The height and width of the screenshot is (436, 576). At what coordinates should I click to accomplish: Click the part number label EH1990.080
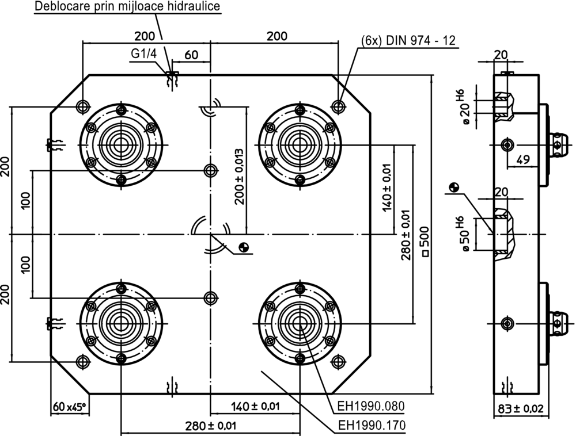[371, 406]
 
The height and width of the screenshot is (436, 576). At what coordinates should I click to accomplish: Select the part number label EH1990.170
[371, 426]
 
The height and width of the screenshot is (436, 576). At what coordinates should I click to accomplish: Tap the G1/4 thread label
[143, 53]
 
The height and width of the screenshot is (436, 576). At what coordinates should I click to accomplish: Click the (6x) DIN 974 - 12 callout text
[408, 40]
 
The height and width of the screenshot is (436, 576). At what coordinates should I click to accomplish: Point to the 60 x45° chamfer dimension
[68, 407]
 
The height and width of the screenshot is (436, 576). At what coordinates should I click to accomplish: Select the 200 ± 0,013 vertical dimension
[240, 177]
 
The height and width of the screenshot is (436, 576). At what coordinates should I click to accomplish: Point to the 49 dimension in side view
[523, 160]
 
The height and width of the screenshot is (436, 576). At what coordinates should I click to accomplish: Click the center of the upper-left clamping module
[120, 143]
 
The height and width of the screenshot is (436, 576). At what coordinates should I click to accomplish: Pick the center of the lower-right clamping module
[300, 323]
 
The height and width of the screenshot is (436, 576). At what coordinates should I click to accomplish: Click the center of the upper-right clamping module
[300, 143]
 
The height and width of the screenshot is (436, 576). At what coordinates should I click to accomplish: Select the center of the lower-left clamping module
[120, 323]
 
